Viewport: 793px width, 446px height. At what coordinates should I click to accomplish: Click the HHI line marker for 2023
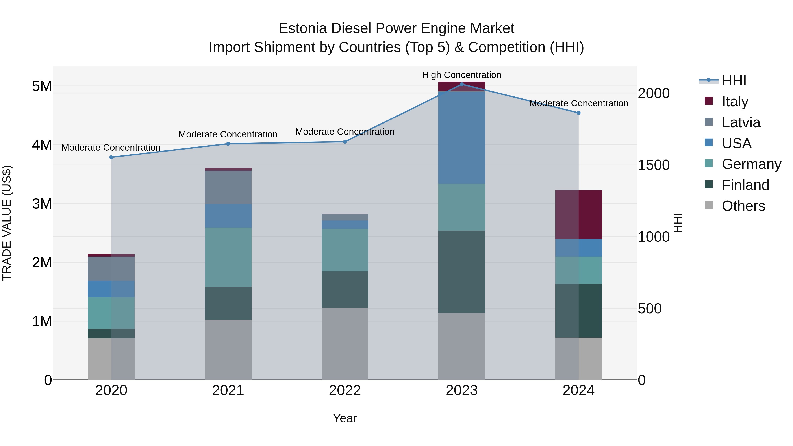pos(461,84)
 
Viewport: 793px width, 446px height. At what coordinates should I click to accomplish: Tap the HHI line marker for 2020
pos(111,157)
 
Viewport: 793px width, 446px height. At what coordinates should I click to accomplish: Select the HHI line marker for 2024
pos(578,113)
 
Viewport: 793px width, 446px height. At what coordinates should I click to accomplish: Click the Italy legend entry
pos(734,102)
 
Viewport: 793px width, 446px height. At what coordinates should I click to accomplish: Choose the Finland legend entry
pos(745,185)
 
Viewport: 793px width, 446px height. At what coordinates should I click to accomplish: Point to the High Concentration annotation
pos(461,75)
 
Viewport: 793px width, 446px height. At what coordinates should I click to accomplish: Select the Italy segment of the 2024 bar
pos(578,214)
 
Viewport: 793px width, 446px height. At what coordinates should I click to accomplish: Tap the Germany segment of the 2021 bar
pos(228,257)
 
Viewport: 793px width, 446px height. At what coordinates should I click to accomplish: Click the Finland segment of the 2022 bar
pos(345,289)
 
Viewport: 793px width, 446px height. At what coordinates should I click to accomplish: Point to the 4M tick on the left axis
pos(42,145)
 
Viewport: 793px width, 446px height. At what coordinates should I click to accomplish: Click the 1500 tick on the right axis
pos(653,165)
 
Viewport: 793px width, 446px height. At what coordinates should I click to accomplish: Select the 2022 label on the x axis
pos(345,390)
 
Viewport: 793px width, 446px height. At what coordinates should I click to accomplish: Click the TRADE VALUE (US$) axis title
pos(7,223)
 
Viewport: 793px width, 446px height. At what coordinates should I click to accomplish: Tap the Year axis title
pos(345,418)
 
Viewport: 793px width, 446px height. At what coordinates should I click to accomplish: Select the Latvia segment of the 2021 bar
pos(228,187)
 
